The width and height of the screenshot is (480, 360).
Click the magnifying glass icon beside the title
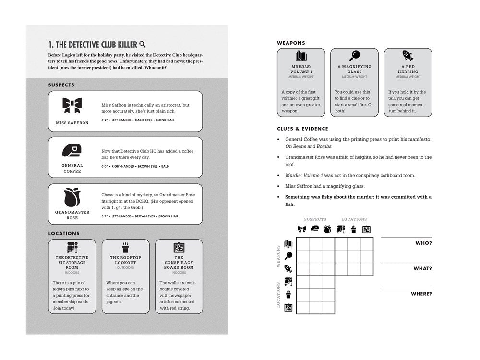143,44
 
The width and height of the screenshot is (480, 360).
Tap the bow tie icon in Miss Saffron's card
72,106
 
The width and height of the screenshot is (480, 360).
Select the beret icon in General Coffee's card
72,151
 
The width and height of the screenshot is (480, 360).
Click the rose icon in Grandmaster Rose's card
72,197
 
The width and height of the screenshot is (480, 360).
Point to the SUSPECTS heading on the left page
61,85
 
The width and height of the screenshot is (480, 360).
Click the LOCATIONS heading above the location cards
64,233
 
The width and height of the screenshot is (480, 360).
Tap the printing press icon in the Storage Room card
72,248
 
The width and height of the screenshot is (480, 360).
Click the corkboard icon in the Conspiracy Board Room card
179,248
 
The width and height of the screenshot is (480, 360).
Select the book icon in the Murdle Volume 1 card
301,55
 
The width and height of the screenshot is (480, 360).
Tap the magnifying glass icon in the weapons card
355,55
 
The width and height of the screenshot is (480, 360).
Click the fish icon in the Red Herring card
408,55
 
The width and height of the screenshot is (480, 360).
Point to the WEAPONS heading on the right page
291,43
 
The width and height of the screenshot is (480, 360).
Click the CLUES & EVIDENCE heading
302,129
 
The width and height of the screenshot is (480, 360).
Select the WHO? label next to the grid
423,243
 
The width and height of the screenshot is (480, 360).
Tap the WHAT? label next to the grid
422,269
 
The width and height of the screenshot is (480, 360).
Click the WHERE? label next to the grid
421,294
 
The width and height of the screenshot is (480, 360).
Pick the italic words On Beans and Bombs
308,146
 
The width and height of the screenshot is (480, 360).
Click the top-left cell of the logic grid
302,243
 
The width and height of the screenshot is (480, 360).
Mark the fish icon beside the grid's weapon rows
288,268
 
